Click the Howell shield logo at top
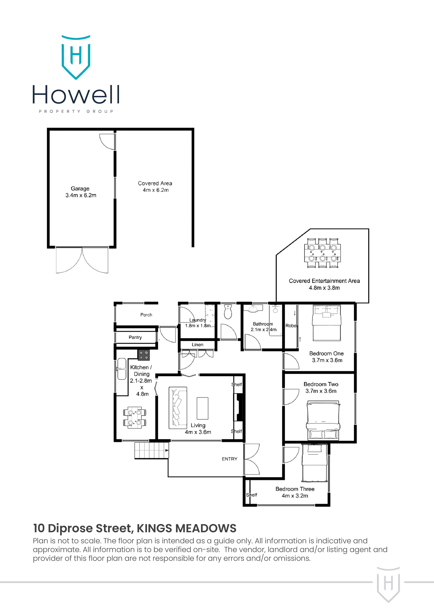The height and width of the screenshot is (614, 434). (x=76, y=57)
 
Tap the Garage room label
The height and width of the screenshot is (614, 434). (x=80, y=189)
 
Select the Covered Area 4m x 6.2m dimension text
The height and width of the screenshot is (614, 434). (x=156, y=190)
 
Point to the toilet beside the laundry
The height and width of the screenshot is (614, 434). (x=228, y=312)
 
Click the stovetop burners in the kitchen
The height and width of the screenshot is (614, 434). (x=144, y=355)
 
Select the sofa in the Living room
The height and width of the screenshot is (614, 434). (x=177, y=408)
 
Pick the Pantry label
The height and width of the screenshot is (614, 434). (x=135, y=337)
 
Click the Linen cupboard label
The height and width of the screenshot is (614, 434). (x=197, y=345)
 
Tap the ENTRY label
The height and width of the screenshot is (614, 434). (x=229, y=459)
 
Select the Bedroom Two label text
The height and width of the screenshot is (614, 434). (x=321, y=384)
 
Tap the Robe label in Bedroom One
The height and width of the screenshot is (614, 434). (x=291, y=326)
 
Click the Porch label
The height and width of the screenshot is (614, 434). (x=146, y=315)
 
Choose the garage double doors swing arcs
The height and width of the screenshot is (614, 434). (x=82, y=261)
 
